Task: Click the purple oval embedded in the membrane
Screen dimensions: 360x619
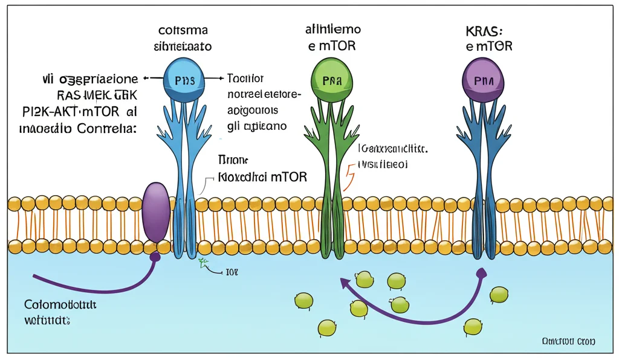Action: click(x=155, y=213)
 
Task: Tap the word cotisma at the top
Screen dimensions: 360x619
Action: click(x=184, y=30)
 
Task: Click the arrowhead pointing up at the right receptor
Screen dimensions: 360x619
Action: click(x=481, y=273)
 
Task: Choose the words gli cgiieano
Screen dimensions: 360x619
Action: click(x=256, y=126)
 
